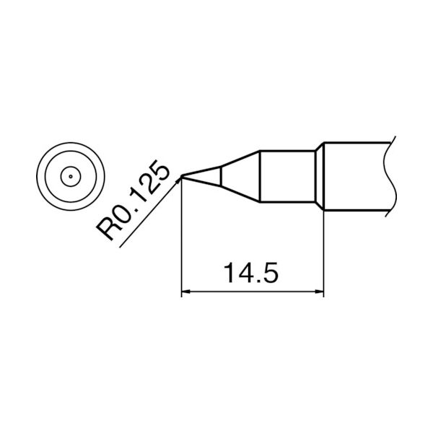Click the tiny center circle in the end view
pyautogui.click(x=70, y=175)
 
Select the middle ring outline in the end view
pyautogui.click(x=70, y=156)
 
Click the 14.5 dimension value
pyautogui.click(x=250, y=274)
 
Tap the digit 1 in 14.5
pyautogui.click(x=229, y=274)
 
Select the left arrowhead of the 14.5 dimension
pyautogui.click(x=185, y=293)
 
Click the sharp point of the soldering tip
pyautogui.click(x=181, y=175)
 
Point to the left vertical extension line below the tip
pyautogui.click(x=180, y=238)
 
